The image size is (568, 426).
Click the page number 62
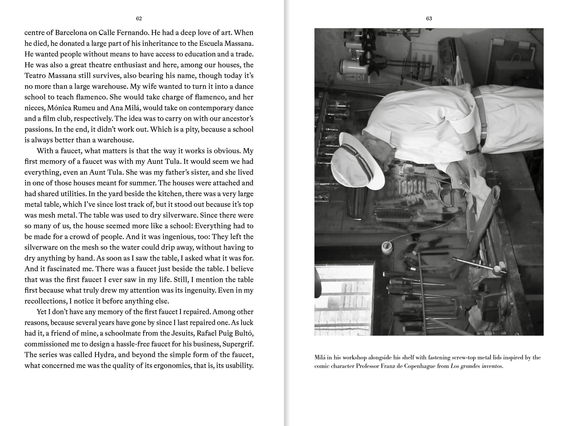point(139,18)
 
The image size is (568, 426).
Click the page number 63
point(429,18)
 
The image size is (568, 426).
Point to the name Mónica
point(59,108)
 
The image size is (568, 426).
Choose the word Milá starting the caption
point(320,357)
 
